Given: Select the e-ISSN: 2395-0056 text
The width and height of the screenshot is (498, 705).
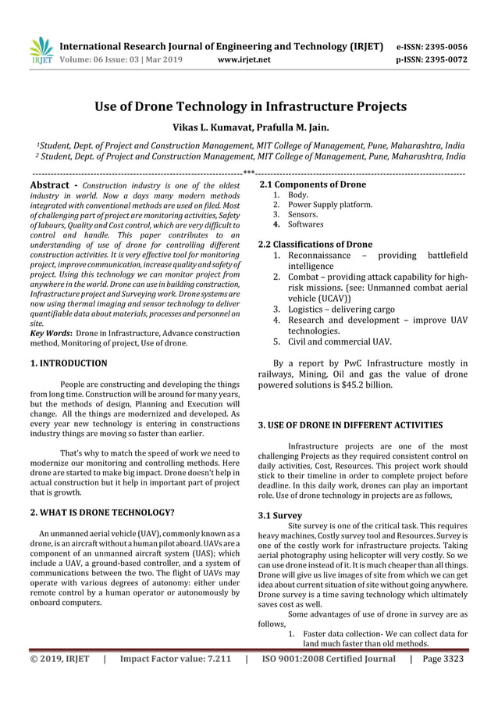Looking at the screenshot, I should [x=432, y=46].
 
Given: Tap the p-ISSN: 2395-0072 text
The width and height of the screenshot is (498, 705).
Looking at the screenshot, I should [x=432, y=59].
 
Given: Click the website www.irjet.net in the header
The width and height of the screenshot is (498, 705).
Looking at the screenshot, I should [x=245, y=59].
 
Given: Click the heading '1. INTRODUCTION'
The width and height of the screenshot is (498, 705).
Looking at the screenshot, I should [x=69, y=363].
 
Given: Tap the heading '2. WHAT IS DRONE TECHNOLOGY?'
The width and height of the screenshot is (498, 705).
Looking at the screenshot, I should [x=101, y=514].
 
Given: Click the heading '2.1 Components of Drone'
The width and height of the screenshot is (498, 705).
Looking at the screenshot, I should [x=312, y=184].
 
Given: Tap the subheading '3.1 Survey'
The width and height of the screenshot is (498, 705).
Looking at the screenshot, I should [x=279, y=516].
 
